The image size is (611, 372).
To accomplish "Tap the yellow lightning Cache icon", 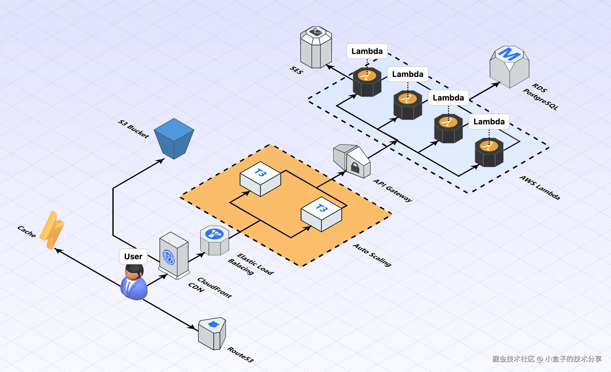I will point(52,230).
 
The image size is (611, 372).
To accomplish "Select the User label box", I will point(133,256).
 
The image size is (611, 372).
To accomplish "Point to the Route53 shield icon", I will point(212,333).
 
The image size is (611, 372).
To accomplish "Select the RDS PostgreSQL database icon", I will point(509,67).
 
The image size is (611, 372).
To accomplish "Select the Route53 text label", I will point(240,354).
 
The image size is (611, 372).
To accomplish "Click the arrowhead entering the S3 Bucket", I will point(161,161).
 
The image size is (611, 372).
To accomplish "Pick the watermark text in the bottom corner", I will point(547,359).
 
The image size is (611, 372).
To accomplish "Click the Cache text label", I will point(27,231).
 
